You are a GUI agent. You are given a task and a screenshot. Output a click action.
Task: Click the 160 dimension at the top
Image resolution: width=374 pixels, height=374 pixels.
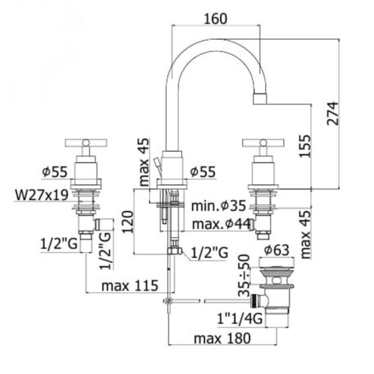click(216, 19)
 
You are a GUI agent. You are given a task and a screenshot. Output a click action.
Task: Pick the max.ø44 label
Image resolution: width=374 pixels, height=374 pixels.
click(216, 224)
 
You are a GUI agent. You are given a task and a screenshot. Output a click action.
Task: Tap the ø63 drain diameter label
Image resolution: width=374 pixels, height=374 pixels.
click(280, 250)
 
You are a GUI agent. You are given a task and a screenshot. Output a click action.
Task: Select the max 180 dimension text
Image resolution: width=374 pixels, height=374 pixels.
click(223, 338)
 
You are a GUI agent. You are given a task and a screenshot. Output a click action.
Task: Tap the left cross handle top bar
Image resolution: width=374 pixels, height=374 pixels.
click(85, 141)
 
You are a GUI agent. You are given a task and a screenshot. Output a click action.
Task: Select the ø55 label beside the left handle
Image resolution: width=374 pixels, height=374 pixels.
click(54, 172)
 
